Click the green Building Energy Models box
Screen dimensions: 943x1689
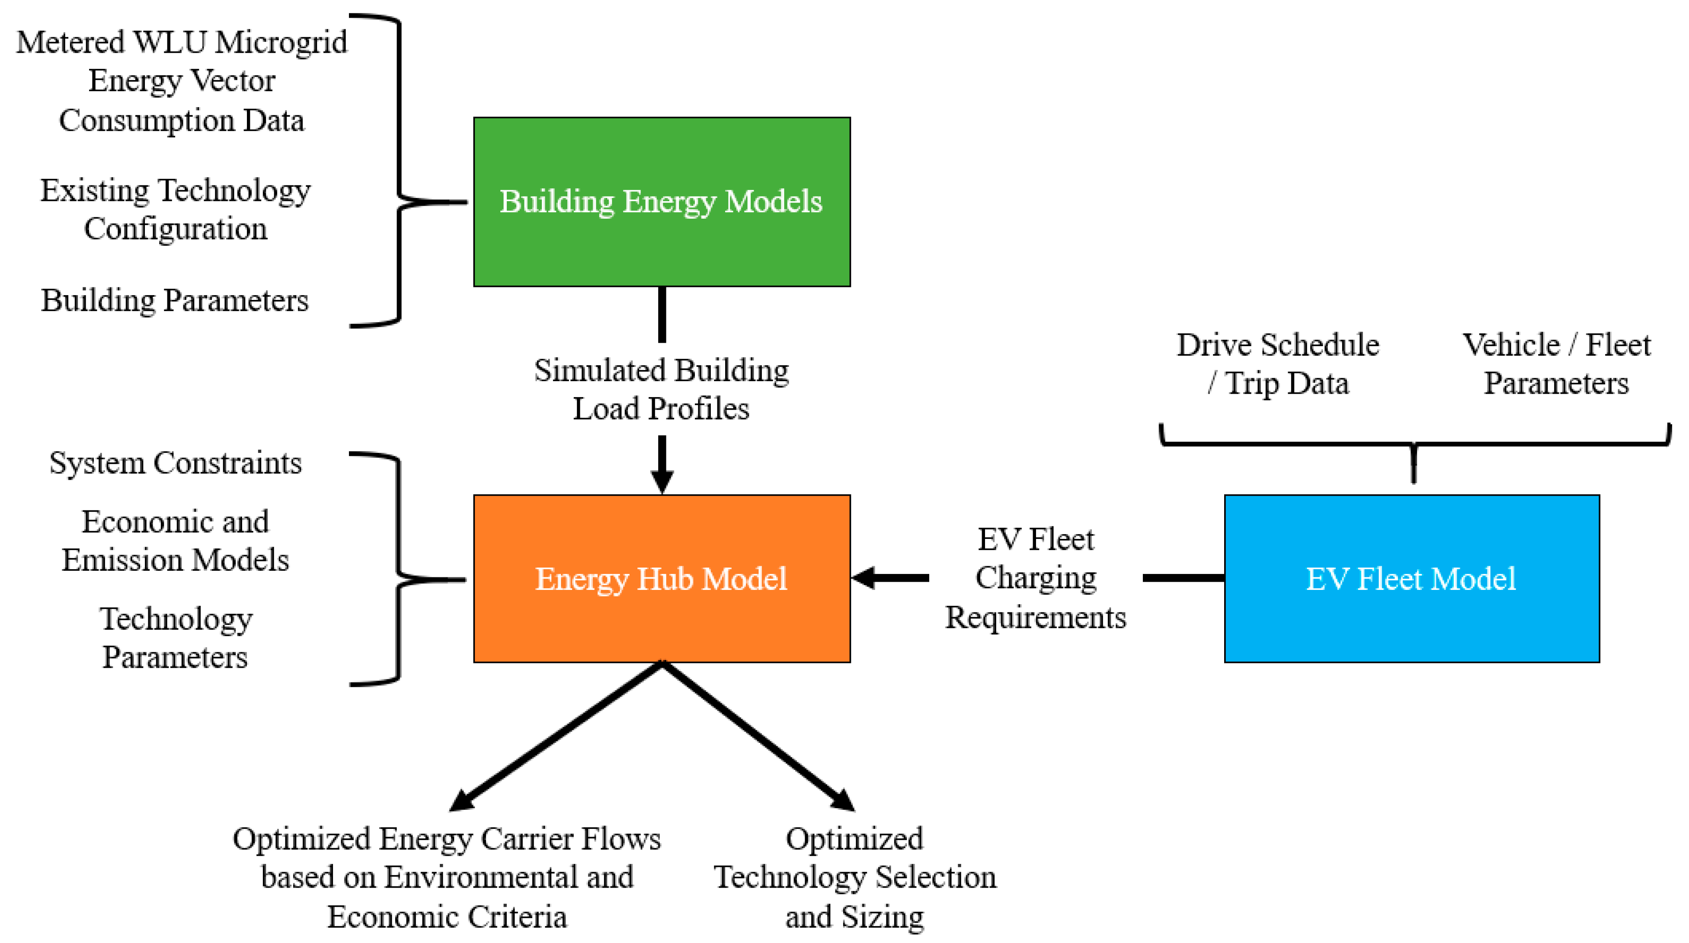click(x=662, y=202)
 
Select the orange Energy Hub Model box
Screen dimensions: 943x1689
click(x=662, y=579)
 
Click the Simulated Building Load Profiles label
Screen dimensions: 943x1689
click(x=661, y=389)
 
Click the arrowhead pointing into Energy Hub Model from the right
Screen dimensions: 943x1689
click(x=864, y=578)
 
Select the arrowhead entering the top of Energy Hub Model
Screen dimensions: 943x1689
click(x=662, y=482)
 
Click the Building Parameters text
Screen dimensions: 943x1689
click(x=174, y=301)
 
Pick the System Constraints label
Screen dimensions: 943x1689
click(x=175, y=463)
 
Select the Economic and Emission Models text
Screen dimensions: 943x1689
click(x=175, y=541)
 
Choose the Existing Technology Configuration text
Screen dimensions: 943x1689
click(x=175, y=209)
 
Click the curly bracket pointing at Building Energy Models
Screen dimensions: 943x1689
click(x=400, y=170)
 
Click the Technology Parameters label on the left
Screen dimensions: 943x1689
click(x=175, y=637)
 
